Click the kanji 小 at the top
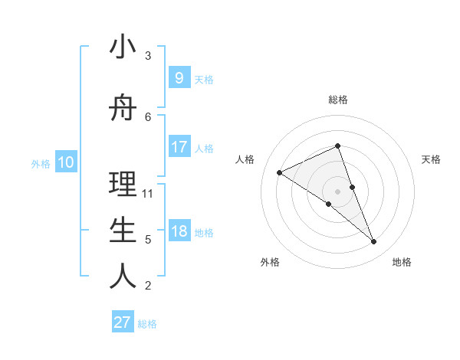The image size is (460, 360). click(x=123, y=47)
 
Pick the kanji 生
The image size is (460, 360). click(x=123, y=231)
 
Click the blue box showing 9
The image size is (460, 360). click(x=179, y=78)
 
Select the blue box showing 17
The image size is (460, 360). click(x=179, y=147)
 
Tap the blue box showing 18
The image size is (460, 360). click(x=179, y=231)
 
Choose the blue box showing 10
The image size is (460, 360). click(x=66, y=162)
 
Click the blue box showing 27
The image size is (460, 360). click(x=123, y=322)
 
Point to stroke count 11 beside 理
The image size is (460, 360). click(x=148, y=194)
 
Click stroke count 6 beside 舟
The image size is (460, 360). click(x=148, y=116)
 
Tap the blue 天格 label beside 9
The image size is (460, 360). click(x=204, y=79)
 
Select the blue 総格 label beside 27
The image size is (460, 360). click(x=148, y=324)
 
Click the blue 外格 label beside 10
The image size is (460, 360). click(x=41, y=163)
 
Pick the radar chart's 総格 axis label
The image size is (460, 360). click(x=337, y=100)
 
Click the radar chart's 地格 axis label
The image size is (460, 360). click(x=402, y=262)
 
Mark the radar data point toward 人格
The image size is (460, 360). click(x=279, y=173)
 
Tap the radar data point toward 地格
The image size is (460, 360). click(x=374, y=242)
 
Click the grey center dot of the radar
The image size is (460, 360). click(x=337, y=191)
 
